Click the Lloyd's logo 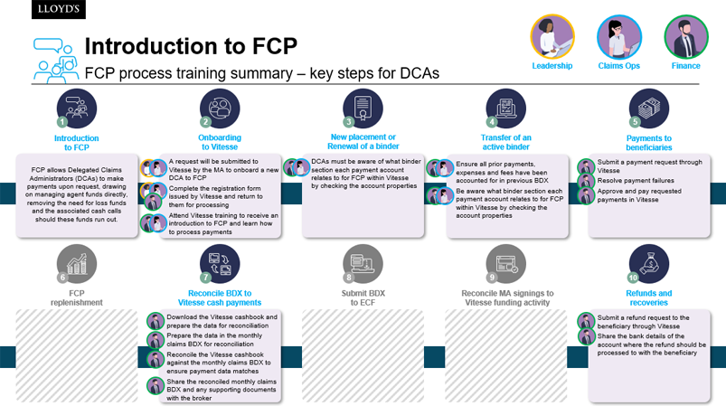click(59, 9)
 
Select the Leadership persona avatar click(552, 36)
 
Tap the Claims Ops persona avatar click(619, 37)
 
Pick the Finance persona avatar click(685, 37)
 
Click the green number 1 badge click(62, 122)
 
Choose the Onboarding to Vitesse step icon click(220, 109)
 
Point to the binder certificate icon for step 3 click(363, 109)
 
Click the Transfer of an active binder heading click(505, 142)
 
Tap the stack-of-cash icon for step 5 click(648, 109)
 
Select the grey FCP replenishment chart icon click(76, 264)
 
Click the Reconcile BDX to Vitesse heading click(220, 297)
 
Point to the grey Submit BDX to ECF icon click(363, 264)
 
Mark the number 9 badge click(492, 278)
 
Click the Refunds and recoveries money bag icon click(648, 264)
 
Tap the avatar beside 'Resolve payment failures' click(586, 181)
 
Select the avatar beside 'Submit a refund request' click(586, 321)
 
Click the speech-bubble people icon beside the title click(55, 61)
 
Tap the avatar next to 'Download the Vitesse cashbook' click(156, 321)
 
